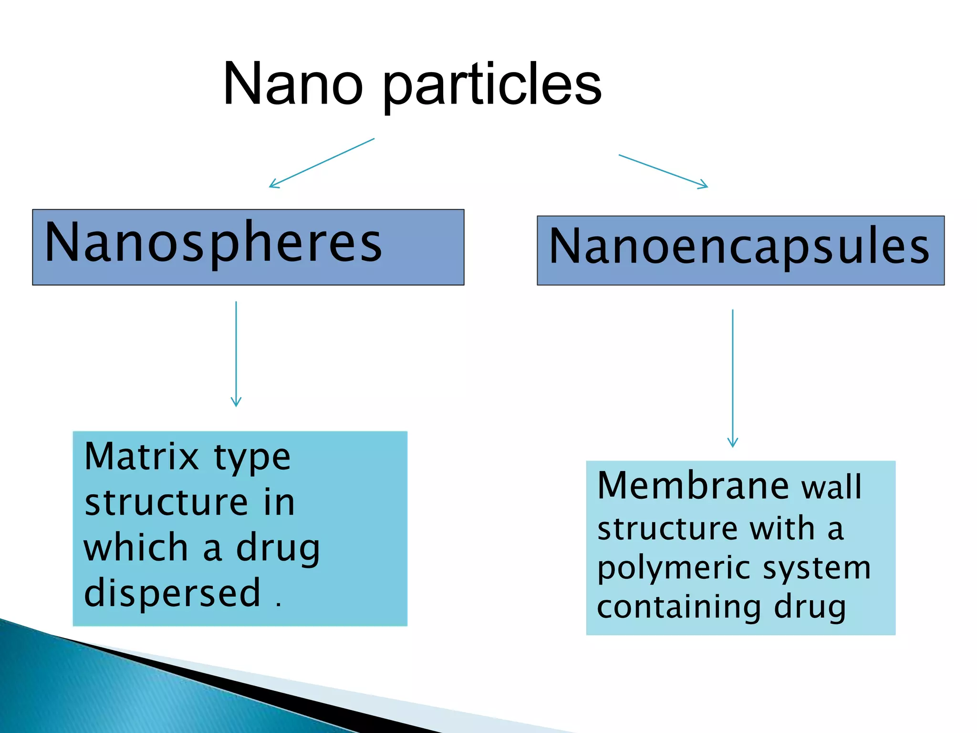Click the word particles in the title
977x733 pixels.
[492, 86]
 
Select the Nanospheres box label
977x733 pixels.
[213, 243]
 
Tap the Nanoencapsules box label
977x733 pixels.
[739, 246]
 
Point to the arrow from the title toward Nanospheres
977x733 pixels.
[322, 163]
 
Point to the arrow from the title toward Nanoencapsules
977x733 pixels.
[663, 171]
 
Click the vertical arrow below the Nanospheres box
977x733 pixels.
[236, 353]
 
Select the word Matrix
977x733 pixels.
[142, 457]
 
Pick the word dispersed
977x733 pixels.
[172, 593]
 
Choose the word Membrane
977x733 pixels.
[693, 486]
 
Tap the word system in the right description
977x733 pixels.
[817, 569]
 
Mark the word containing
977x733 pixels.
[679, 608]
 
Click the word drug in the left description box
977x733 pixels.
[278, 549]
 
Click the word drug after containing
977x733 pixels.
[810, 608]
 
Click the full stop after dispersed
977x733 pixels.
[279, 605]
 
